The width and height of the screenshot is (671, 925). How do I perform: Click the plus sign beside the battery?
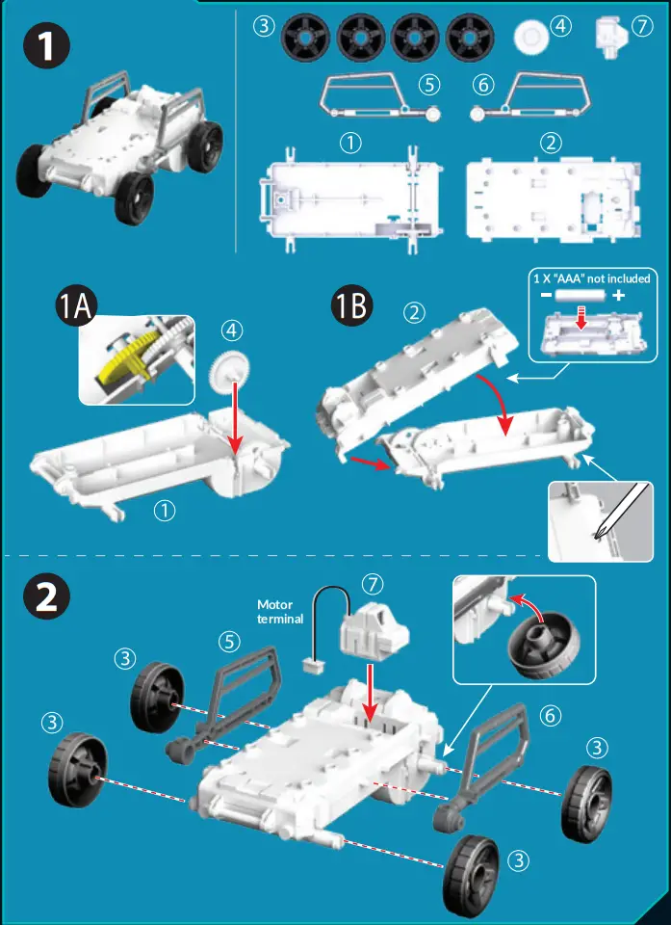pyautogui.click(x=617, y=294)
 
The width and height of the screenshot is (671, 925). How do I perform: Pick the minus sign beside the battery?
pyautogui.click(x=544, y=294)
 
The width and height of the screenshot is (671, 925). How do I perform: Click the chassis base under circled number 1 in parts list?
pyautogui.click(x=351, y=198)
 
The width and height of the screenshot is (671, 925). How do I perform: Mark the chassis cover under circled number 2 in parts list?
pyautogui.click(x=552, y=198)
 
